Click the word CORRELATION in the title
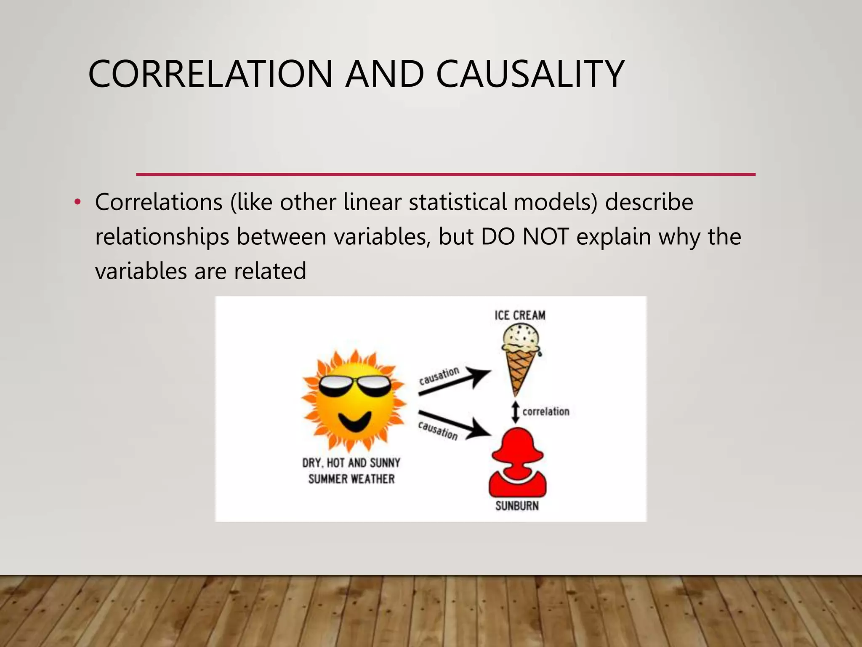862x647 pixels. click(x=210, y=74)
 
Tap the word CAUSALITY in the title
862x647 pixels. click(x=530, y=74)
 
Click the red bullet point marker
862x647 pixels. click(x=77, y=203)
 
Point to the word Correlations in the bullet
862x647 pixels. click(x=159, y=202)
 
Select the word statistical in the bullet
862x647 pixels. click(x=458, y=202)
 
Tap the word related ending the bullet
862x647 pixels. click(x=270, y=271)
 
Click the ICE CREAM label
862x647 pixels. click(x=520, y=315)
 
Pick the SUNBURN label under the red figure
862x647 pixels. click(x=517, y=506)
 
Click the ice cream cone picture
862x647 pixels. click(x=521, y=358)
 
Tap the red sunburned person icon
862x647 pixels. click(x=517, y=463)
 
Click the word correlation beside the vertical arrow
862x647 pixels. click(x=546, y=412)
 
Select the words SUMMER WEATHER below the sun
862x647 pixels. click(x=351, y=479)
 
